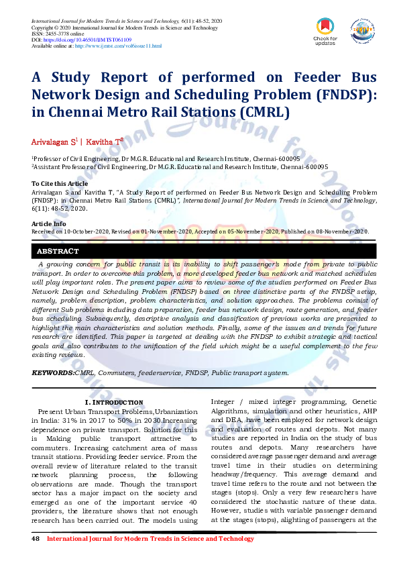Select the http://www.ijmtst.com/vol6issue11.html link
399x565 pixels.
(x=118, y=46)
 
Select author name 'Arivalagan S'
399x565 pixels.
(x=54, y=142)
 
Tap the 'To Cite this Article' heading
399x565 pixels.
(x=60, y=183)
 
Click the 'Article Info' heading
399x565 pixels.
(x=49, y=223)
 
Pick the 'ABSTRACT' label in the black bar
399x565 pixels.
(x=58, y=252)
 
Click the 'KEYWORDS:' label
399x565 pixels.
(x=53, y=372)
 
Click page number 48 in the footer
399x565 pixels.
(x=36, y=539)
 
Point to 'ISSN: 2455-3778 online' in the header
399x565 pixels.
(x=58, y=35)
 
